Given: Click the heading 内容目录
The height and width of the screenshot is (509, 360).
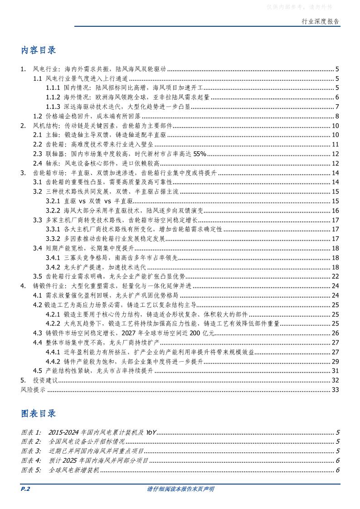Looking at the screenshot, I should point(39,50).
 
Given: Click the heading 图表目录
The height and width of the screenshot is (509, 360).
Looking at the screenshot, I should point(39,413).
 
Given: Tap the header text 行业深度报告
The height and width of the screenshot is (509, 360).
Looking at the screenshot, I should point(320,21).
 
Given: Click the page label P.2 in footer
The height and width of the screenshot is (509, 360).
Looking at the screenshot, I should point(25,489).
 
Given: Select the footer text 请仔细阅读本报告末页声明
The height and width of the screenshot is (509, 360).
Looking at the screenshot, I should point(180,489).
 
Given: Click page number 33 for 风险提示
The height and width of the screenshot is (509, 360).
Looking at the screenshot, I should point(336,389).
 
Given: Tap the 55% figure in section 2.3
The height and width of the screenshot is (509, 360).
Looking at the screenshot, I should point(200,154).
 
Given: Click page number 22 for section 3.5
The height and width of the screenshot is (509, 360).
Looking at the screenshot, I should point(336,276).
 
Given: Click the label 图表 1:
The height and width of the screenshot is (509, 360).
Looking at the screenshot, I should point(31,432).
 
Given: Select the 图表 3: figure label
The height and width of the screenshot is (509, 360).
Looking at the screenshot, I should point(31,451).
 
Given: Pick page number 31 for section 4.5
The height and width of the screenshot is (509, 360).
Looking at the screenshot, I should point(336,370).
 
